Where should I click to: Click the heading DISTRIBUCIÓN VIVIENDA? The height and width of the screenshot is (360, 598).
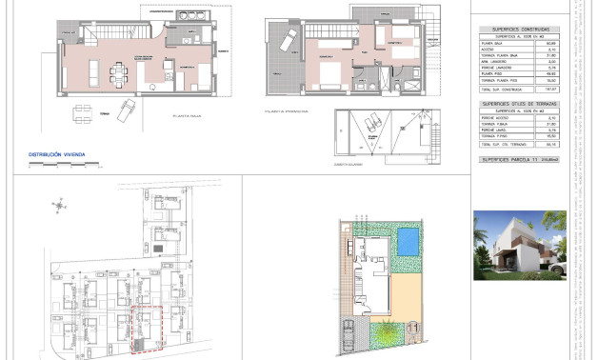(x=58, y=152)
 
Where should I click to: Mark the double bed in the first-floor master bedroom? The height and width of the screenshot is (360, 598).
(x=327, y=76)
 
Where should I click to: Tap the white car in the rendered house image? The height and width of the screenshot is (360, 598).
(x=561, y=270)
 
